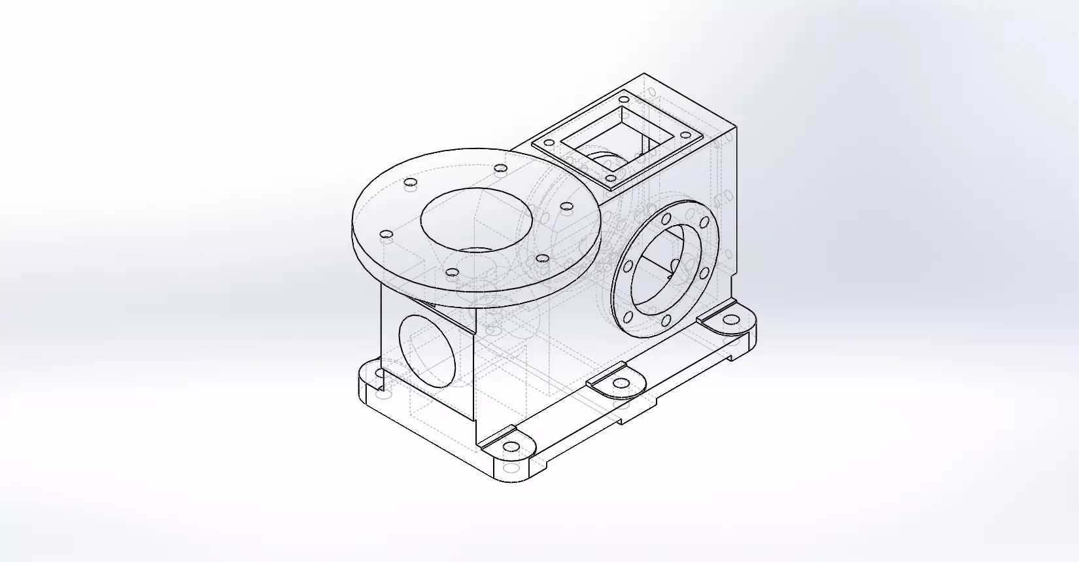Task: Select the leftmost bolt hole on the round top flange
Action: (x=386, y=234)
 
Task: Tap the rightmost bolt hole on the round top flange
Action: (x=567, y=207)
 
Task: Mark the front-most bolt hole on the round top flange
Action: (x=452, y=272)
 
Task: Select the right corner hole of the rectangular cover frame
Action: (x=686, y=135)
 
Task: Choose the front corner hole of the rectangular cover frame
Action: (x=610, y=177)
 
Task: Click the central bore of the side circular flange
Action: (x=666, y=268)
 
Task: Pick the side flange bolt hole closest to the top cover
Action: (x=666, y=219)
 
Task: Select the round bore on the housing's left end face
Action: (x=426, y=350)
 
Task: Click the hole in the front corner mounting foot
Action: (x=512, y=447)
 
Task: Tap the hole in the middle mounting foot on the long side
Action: (x=617, y=385)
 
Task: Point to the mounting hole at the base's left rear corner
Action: (x=380, y=373)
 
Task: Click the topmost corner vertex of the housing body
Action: (x=644, y=74)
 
